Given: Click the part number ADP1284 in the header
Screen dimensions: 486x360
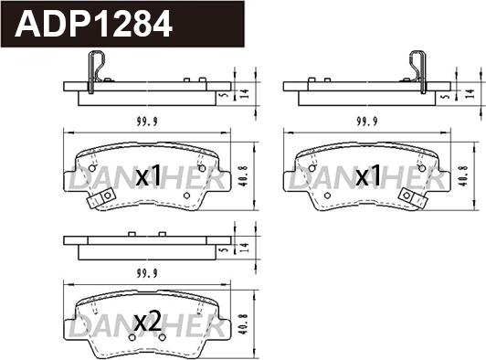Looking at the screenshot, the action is pyautogui.click(x=93, y=24).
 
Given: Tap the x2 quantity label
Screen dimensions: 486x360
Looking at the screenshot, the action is pyautogui.click(x=148, y=322).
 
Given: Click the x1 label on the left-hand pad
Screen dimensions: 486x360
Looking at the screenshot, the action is pyautogui.click(x=149, y=175).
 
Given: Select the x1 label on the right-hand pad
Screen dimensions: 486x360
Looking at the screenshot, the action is pyautogui.click(x=368, y=175).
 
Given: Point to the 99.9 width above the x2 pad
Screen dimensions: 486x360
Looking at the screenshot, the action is pyautogui.click(x=147, y=273).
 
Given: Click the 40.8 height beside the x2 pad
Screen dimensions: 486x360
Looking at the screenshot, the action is pyautogui.click(x=245, y=325).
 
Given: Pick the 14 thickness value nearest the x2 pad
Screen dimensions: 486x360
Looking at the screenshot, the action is pyautogui.click(x=245, y=248).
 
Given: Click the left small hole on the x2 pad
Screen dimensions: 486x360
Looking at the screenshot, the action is pyautogui.click(x=132, y=337).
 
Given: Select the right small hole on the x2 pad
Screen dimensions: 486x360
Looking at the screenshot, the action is pyautogui.click(x=162, y=337).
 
